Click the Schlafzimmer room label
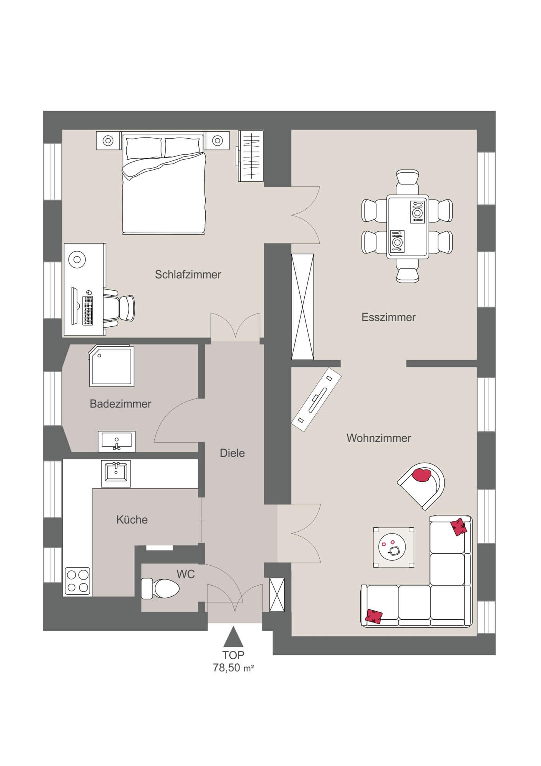188,275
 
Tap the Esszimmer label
389,317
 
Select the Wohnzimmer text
379,438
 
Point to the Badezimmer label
121,404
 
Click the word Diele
232,453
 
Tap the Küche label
132,520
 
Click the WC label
186,574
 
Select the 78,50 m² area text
234,668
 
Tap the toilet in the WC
160,588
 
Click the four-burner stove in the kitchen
78,581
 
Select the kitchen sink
116,473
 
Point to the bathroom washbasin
117,442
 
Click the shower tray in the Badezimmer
111,367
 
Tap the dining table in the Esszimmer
407,226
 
